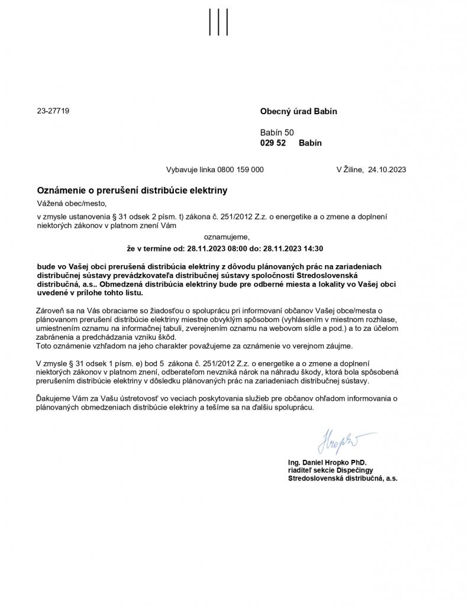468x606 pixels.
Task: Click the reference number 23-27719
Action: coord(53,111)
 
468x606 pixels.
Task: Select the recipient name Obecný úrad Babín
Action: coord(298,111)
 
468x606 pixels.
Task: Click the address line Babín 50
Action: coord(276,133)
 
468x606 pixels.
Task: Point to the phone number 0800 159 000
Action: coord(241,169)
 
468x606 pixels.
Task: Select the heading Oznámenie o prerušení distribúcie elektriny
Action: coord(132,191)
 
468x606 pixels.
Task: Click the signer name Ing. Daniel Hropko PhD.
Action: coord(327,462)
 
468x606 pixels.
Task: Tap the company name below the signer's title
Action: coord(342,478)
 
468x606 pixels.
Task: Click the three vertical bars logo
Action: coord(219,22)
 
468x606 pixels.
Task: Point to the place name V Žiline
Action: coord(349,169)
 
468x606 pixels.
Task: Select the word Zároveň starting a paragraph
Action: coord(50,311)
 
